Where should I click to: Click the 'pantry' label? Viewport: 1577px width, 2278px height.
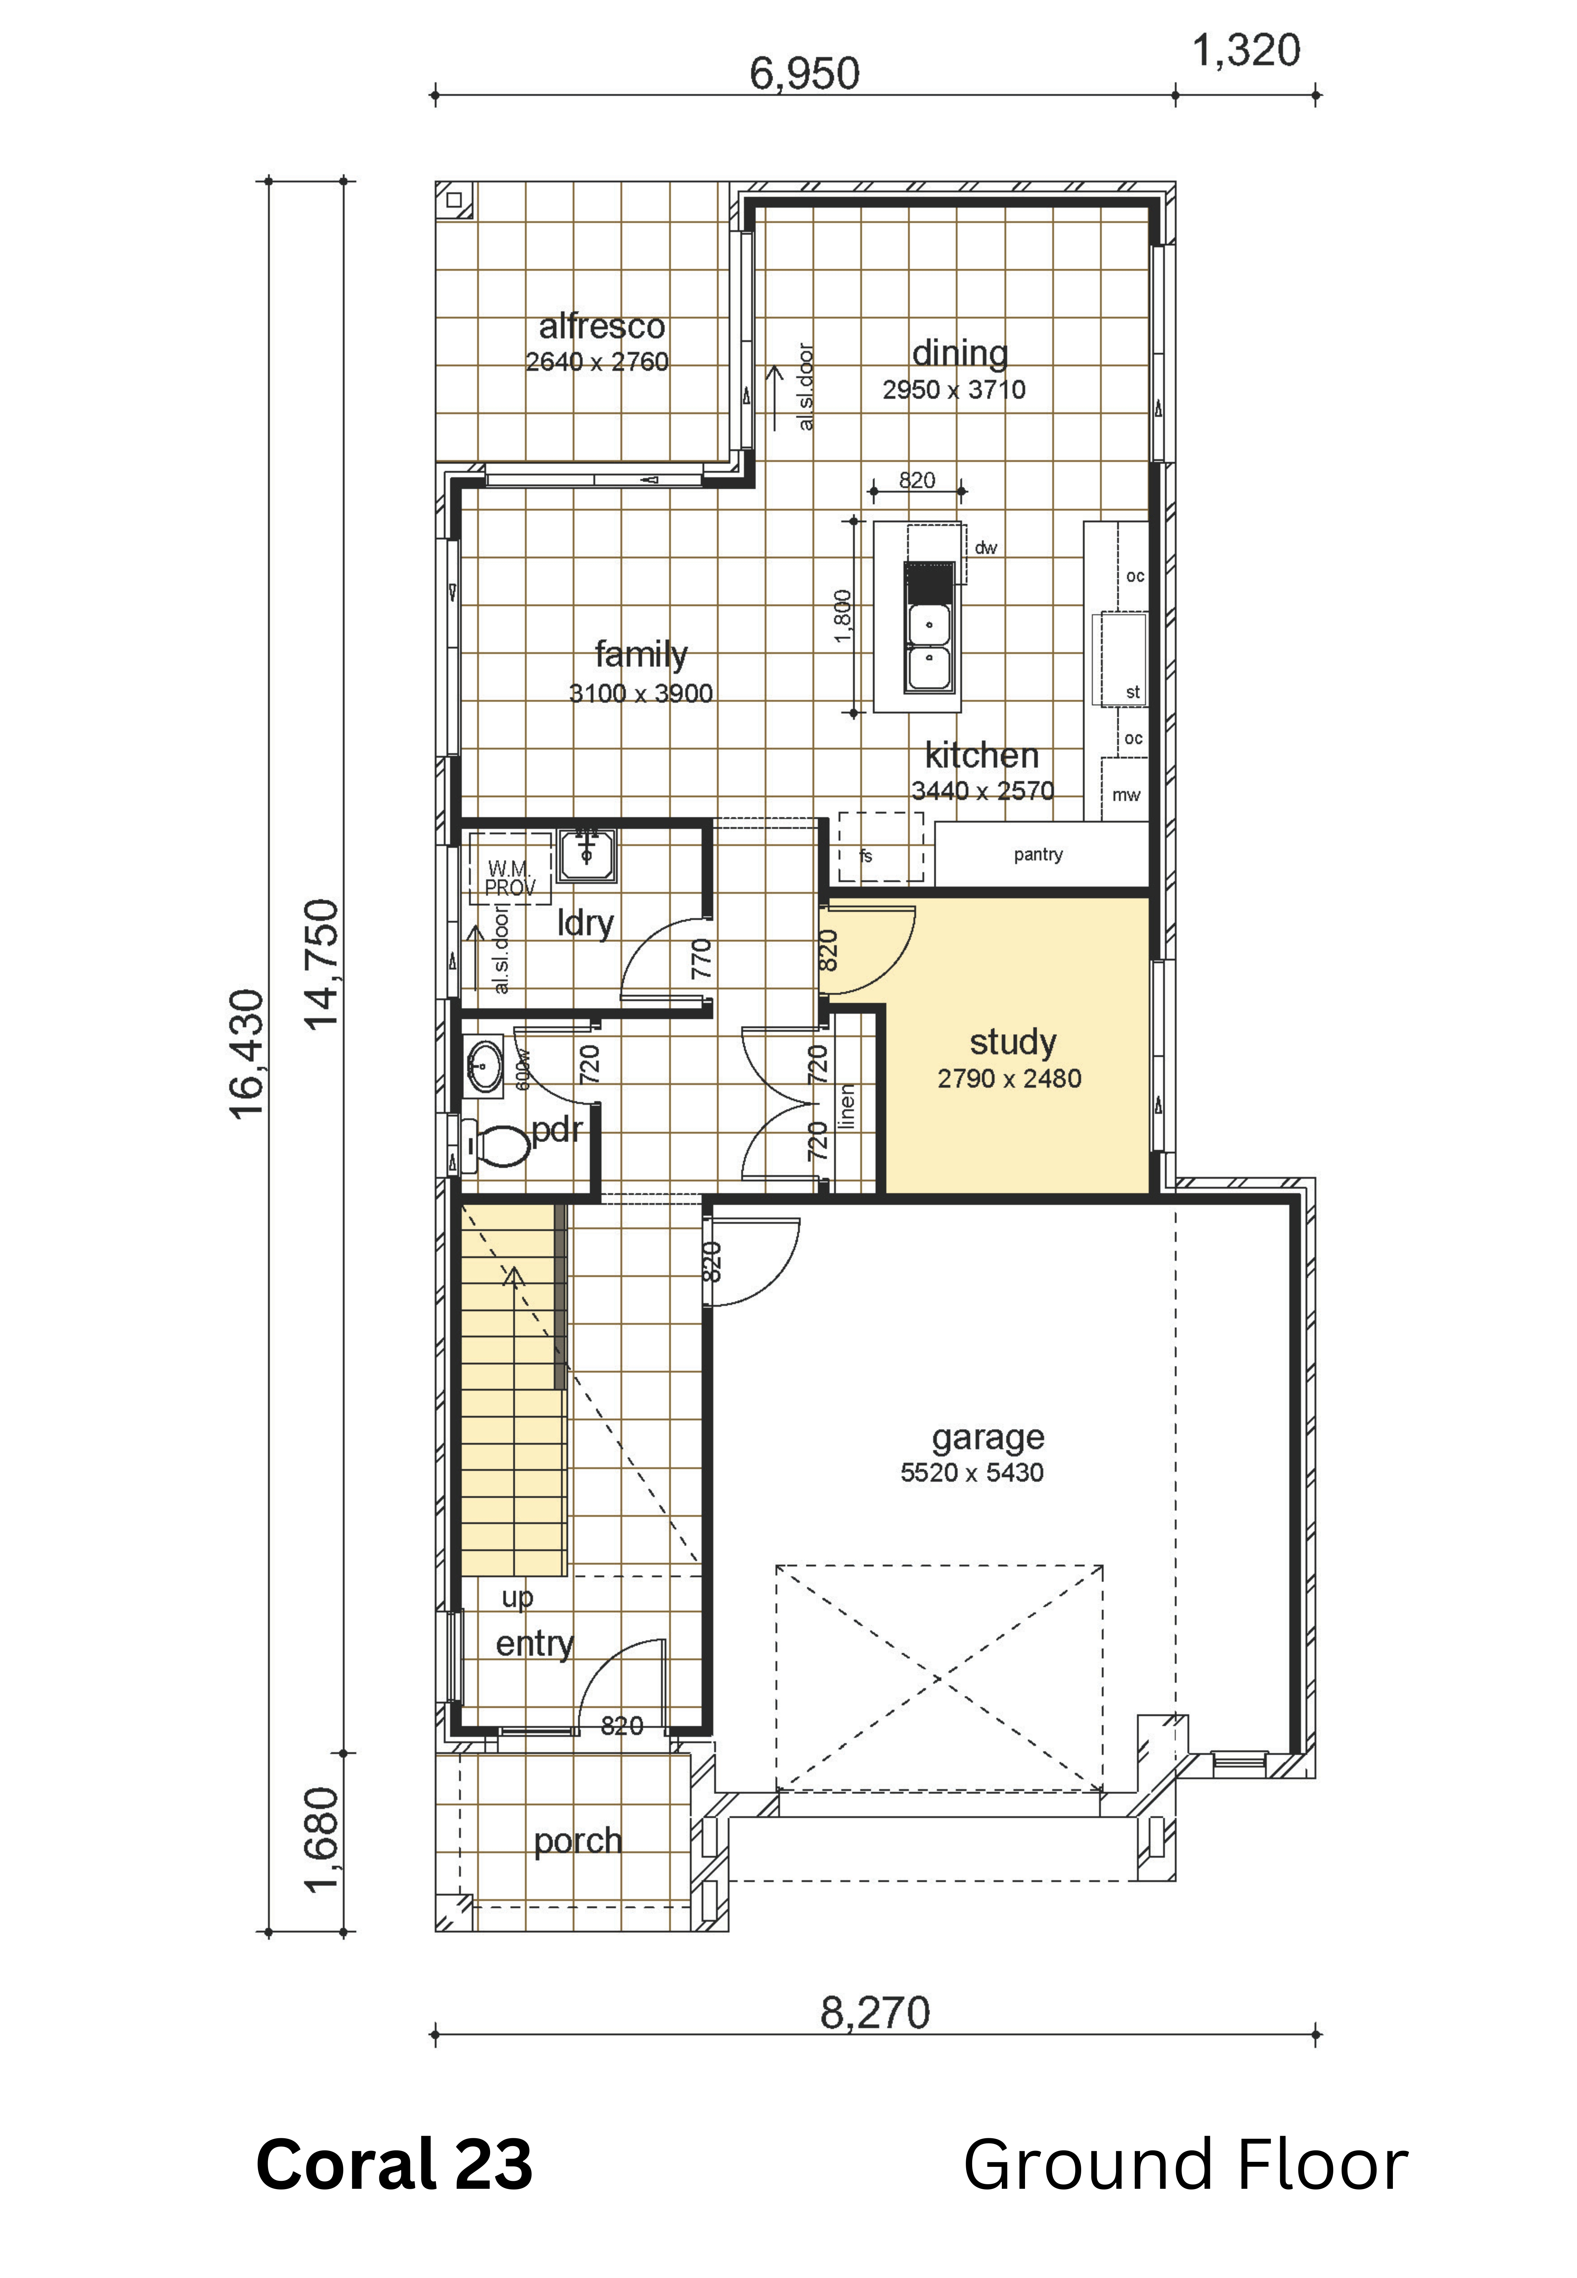(1038, 855)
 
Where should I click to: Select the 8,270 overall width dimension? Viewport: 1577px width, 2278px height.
(875, 2013)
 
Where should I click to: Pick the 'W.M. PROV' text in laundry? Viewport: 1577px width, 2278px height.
(510, 877)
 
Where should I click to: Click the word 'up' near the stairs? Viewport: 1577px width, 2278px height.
(518, 1598)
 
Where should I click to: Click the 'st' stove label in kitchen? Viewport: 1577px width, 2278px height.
(1133, 693)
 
